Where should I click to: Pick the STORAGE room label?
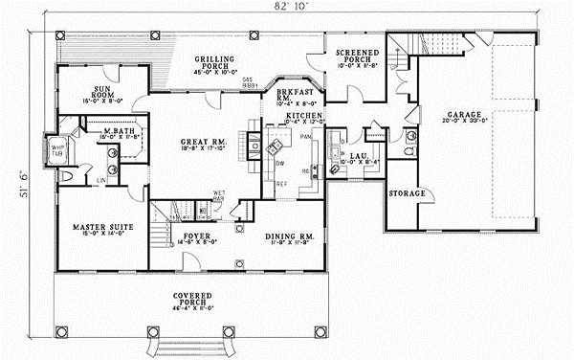[406, 193]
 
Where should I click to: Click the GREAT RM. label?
[202, 145]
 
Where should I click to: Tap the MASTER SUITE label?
[102, 227]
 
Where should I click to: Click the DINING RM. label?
[287, 235]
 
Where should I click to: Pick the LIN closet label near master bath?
[100, 178]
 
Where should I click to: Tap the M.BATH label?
[117, 130]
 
